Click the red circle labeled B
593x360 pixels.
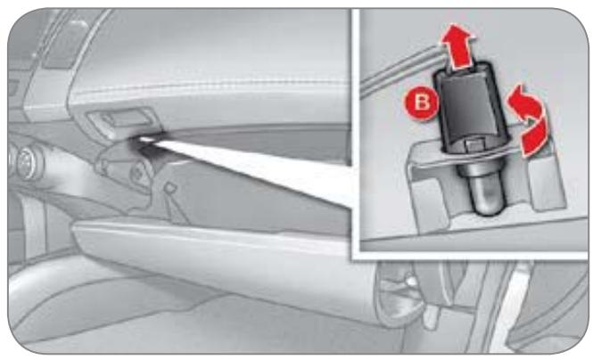click(x=422, y=102)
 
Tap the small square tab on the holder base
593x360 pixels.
click(x=473, y=144)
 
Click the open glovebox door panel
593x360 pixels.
click(x=223, y=261)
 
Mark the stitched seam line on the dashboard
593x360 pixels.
click(x=212, y=87)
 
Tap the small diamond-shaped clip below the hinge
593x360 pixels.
click(x=169, y=187)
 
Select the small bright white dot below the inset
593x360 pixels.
click(x=410, y=281)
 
